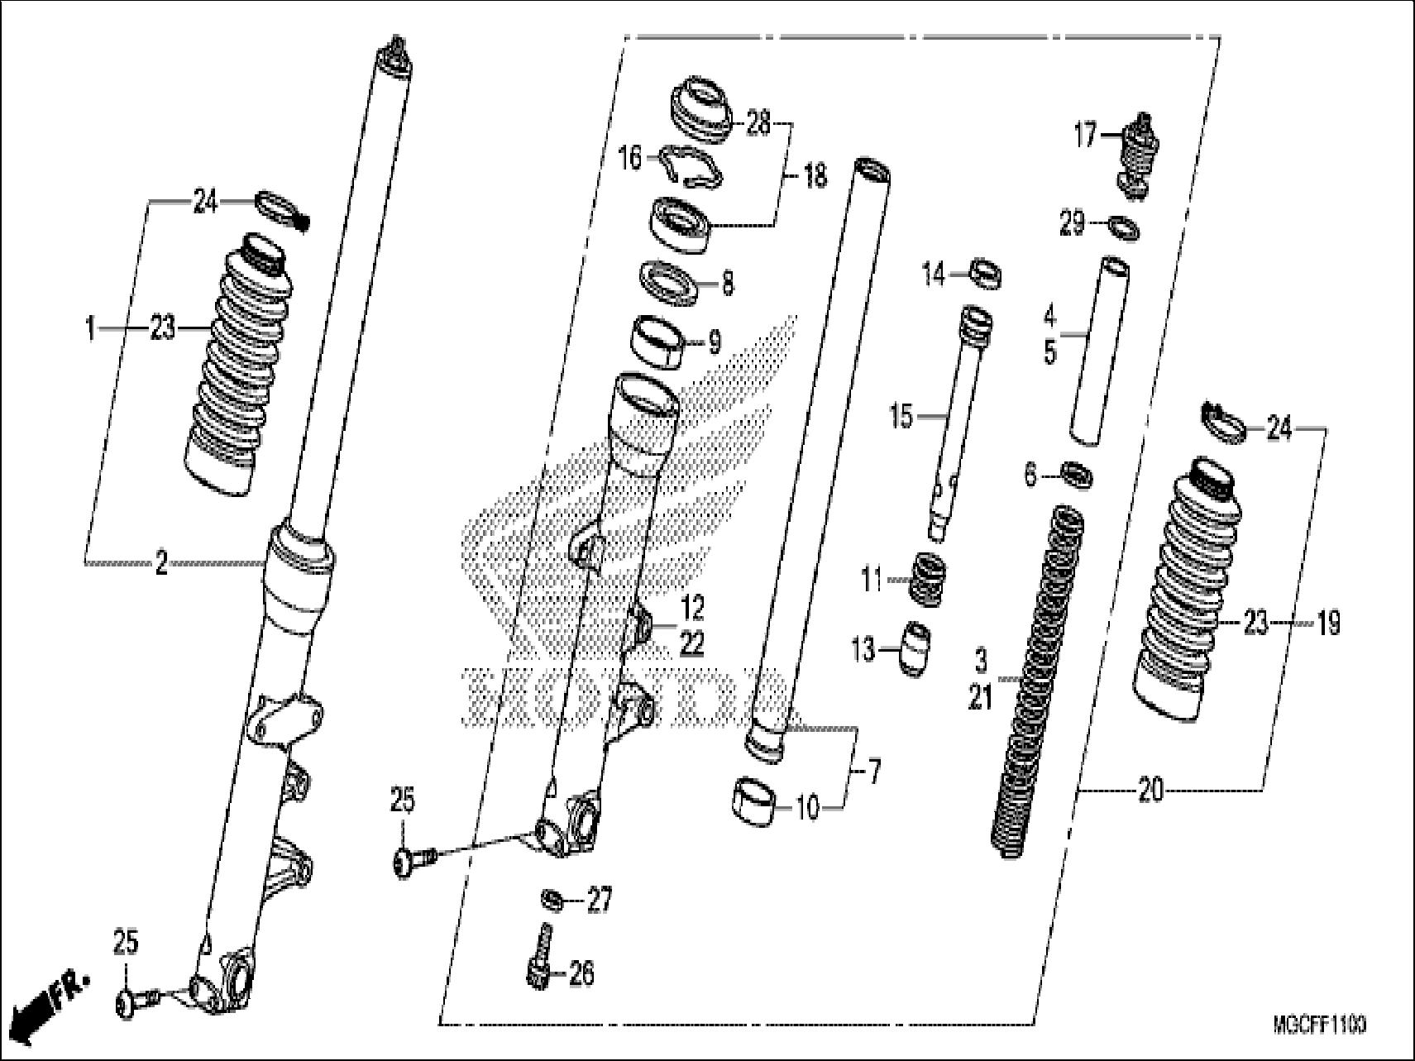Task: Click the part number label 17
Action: pyautogui.click(x=1084, y=134)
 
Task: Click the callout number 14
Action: pyautogui.click(x=933, y=274)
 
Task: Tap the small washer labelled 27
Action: pyautogui.click(x=551, y=898)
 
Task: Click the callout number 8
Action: pyautogui.click(x=727, y=284)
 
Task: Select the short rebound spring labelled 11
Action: pyautogui.click(x=928, y=580)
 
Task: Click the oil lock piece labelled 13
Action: pyautogui.click(x=915, y=649)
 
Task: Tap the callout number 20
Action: pyautogui.click(x=1150, y=791)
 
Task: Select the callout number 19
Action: pyautogui.click(x=1327, y=624)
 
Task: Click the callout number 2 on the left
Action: pyautogui.click(x=161, y=564)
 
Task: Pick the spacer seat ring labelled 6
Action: pyautogui.click(x=1078, y=477)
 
